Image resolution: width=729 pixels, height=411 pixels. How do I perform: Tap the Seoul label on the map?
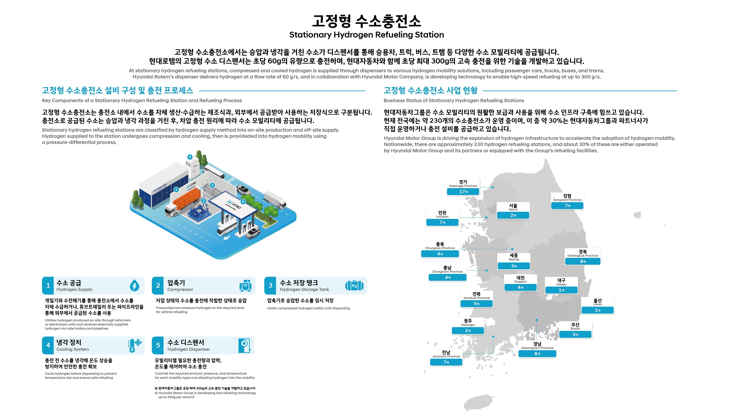[513, 207]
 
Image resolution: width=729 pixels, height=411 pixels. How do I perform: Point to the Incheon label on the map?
[442, 214]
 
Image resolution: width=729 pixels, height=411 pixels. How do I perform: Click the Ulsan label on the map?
[597, 302]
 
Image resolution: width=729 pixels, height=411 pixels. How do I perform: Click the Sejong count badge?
[514, 266]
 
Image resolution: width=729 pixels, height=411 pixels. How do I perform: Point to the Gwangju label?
[468, 322]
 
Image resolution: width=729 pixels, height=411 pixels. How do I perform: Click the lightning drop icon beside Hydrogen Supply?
[134, 285]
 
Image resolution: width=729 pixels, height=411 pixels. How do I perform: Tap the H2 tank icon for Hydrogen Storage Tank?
[354, 285]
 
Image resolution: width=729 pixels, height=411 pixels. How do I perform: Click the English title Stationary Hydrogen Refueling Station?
[366, 35]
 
